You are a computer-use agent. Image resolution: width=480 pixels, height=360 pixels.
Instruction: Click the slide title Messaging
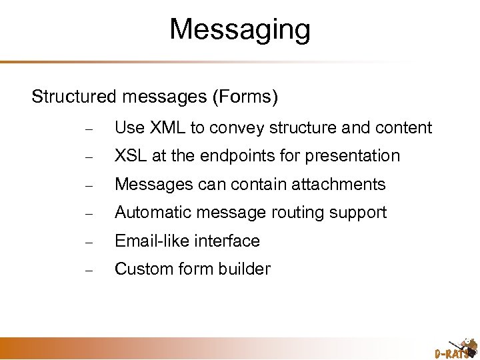point(240,30)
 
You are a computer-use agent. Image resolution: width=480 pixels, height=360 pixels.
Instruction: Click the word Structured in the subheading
point(75,97)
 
